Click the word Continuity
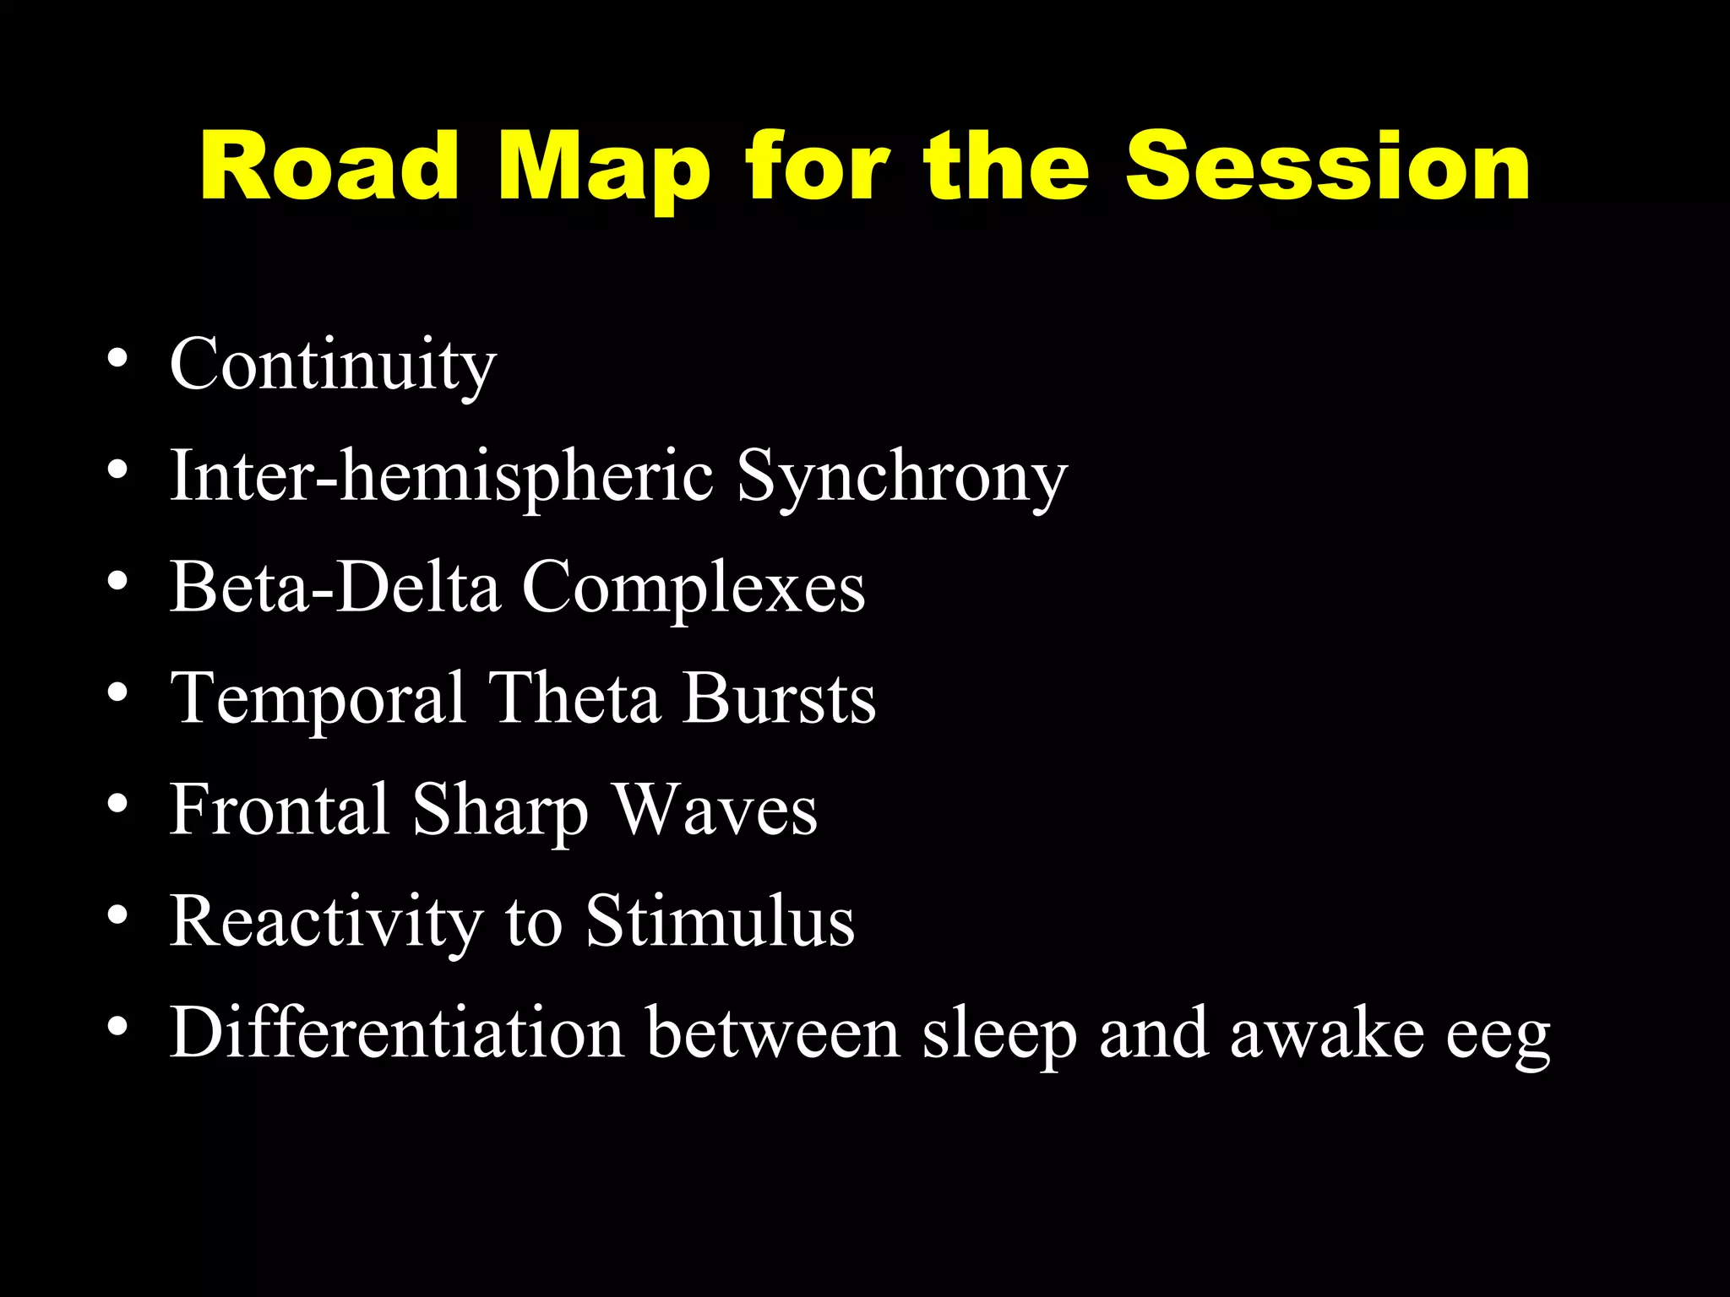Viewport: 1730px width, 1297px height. tap(333, 365)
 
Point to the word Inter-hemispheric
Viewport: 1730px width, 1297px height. tap(442, 476)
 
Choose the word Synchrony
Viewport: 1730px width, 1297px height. tap(902, 476)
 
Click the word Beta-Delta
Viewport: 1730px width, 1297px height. tap(335, 587)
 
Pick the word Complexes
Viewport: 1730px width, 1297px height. tap(694, 587)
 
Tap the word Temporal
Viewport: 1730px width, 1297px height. tap(318, 698)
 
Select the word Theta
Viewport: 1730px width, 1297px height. tap(575, 698)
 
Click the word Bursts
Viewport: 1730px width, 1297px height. tap(780, 698)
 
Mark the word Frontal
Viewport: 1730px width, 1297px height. tap(280, 810)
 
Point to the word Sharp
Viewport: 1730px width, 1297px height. tap(500, 810)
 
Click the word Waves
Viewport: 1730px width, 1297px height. tap(715, 810)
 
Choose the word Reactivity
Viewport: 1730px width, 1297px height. tap(326, 921)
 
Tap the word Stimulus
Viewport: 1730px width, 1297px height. tap(720, 921)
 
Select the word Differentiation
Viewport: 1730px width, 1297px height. tap(396, 1033)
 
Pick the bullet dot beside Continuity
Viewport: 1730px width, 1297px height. tap(117, 358)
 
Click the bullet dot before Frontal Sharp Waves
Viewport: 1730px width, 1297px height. tap(117, 803)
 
